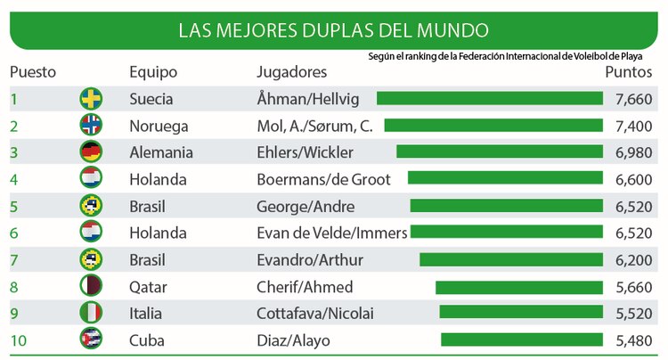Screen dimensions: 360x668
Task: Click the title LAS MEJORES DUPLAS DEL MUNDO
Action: [333, 31]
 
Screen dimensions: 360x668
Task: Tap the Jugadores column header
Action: [291, 72]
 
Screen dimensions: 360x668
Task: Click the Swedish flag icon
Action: [91, 98]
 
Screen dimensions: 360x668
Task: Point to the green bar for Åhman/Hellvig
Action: [489, 98]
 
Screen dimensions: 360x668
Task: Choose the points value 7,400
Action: [634, 126]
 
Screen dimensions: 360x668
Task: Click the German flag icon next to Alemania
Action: [91, 152]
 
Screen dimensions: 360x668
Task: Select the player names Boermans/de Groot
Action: [323, 179]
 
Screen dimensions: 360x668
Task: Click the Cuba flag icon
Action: [91, 340]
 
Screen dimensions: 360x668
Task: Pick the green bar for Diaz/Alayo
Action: [521, 340]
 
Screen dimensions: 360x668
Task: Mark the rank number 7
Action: [14, 260]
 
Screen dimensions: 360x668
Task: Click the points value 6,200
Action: [634, 260]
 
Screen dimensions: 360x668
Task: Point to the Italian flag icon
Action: [91, 313]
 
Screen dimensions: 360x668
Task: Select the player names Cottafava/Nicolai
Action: [315, 314]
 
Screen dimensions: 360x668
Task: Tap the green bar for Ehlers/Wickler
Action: [499, 152]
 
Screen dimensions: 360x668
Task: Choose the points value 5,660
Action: [634, 287]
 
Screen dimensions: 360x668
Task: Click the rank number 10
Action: [18, 340]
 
